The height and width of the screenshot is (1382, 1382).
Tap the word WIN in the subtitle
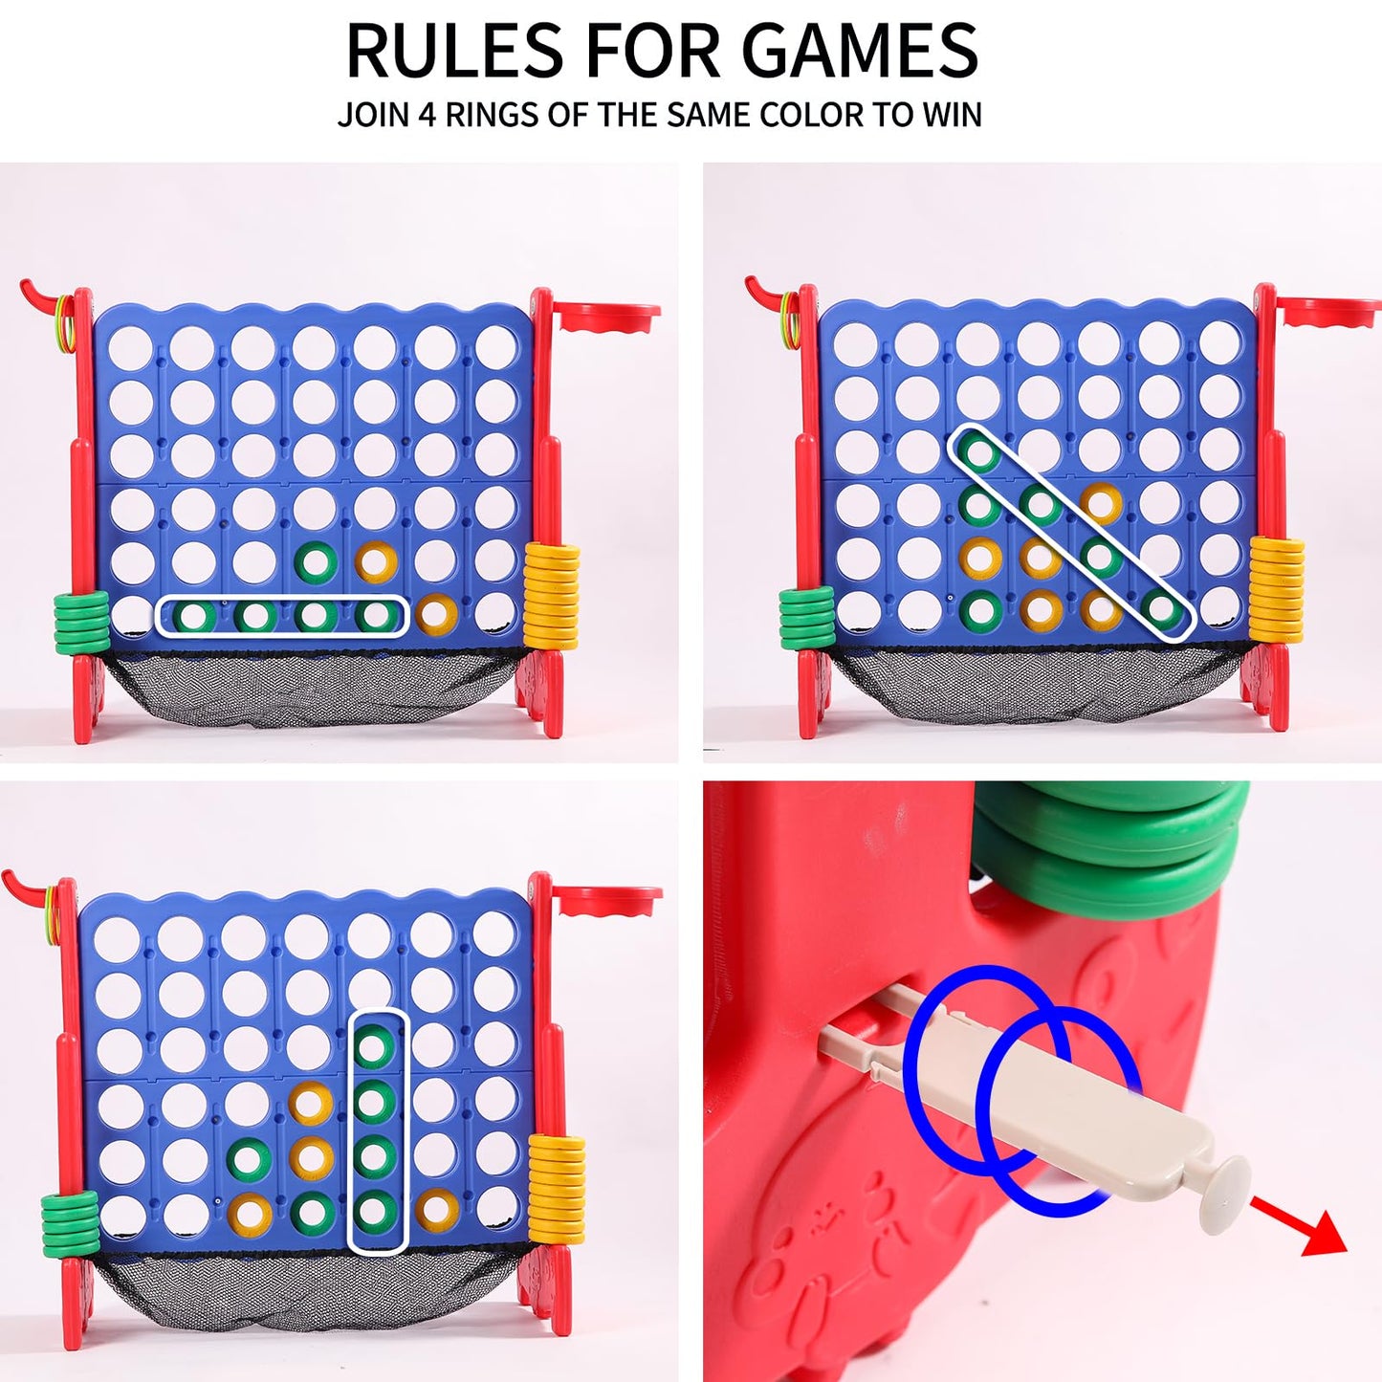(x=952, y=115)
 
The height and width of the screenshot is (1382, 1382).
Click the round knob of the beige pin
(x=1224, y=1193)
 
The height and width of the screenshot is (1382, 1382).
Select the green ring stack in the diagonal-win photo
(x=807, y=618)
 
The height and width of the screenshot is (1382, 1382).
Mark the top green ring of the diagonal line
(x=977, y=450)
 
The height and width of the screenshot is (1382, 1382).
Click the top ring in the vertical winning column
(x=375, y=1047)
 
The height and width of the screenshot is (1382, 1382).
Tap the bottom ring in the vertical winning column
(x=375, y=1212)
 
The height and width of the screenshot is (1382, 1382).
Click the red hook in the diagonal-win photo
(x=765, y=287)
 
